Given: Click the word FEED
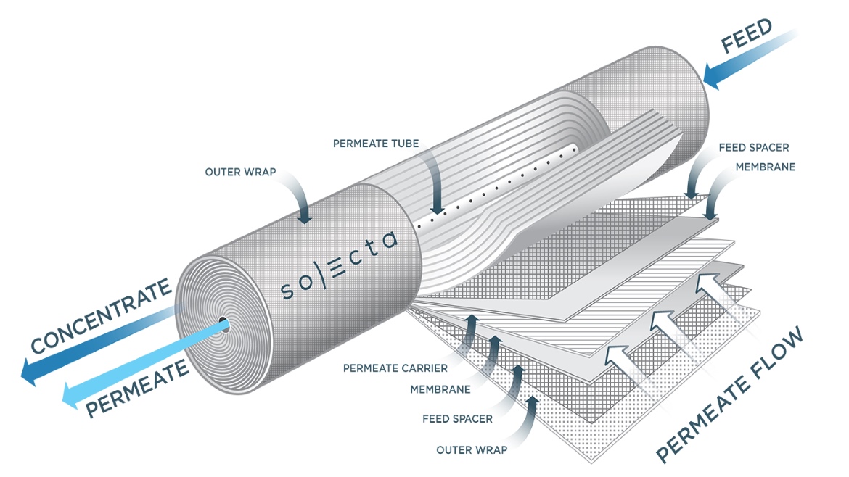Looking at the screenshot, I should tap(747, 36).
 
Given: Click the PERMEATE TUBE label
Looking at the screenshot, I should tap(375, 144).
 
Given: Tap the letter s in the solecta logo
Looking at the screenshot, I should tap(287, 291).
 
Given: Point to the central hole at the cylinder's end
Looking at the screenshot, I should tap(225, 327).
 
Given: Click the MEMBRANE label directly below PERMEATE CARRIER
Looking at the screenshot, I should tap(440, 389).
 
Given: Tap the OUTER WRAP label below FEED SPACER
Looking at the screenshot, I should tap(472, 449).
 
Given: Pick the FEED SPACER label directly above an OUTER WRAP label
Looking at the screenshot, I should tap(457, 418).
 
